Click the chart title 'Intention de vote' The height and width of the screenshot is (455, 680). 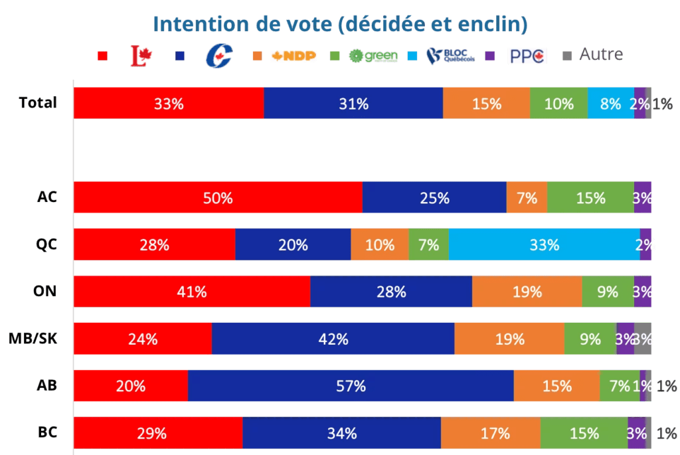tap(340, 25)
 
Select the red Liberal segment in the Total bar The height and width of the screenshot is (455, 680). tap(169, 103)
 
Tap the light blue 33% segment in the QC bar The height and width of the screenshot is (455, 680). tap(544, 244)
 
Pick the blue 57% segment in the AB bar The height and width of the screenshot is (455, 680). tap(351, 386)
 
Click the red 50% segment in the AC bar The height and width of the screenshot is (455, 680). tap(218, 197)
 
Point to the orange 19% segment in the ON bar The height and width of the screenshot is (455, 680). tap(527, 292)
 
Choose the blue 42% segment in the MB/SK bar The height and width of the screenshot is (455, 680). tap(333, 339)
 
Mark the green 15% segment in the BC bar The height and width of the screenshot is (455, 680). tap(584, 433)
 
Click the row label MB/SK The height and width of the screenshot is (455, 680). tap(33, 339)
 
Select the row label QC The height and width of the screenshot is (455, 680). tap(47, 244)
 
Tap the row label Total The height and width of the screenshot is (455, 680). tap(38, 103)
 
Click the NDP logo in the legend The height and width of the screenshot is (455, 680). tap(293, 56)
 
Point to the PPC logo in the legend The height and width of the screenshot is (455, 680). tap(527, 56)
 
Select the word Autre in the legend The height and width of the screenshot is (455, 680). tap(601, 54)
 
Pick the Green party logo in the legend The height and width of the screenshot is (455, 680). tap(373, 56)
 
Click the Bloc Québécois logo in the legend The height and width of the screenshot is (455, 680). tap(450, 56)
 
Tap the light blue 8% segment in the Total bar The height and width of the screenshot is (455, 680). tap(610, 103)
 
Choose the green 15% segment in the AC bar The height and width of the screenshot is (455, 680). tap(590, 197)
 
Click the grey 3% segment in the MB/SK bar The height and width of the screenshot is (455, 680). tap(643, 339)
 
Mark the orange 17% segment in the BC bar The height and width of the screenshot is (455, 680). tap(491, 433)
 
